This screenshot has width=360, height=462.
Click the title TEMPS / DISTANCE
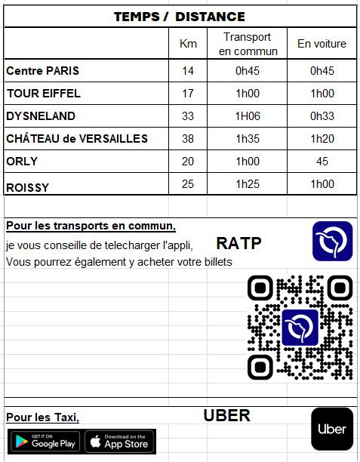click(180, 16)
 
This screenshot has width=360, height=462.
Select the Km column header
click(188, 44)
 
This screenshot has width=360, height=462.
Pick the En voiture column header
click(322, 44)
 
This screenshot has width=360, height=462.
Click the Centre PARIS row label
click(43, 71)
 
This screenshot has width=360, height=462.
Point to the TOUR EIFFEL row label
click(44, 94)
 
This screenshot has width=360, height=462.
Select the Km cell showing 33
click(188, 116)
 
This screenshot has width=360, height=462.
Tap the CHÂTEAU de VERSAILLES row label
click(77, 139)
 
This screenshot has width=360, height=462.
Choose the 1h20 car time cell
click(322, 139)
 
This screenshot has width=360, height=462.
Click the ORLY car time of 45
click(322, 162)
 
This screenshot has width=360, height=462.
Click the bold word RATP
click(238, 243)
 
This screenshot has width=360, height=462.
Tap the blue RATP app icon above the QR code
click(332, 241)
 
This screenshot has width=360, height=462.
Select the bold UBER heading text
click(226, 416)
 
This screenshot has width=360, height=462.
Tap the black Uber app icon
click(332, 429)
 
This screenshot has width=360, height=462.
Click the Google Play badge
click(44, 441)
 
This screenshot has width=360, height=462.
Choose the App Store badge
click(119, 441)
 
